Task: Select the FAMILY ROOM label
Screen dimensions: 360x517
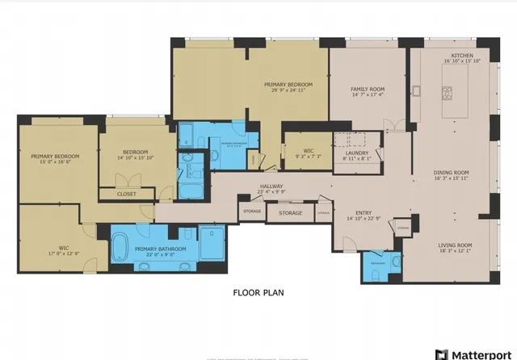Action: coord(367,89)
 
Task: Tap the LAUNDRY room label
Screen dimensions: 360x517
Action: coord(356,153)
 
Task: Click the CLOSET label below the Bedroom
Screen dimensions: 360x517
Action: coord(127,195)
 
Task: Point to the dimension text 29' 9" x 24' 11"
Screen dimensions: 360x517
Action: coord(288,90)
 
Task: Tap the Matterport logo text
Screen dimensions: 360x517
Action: coord(478,354)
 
